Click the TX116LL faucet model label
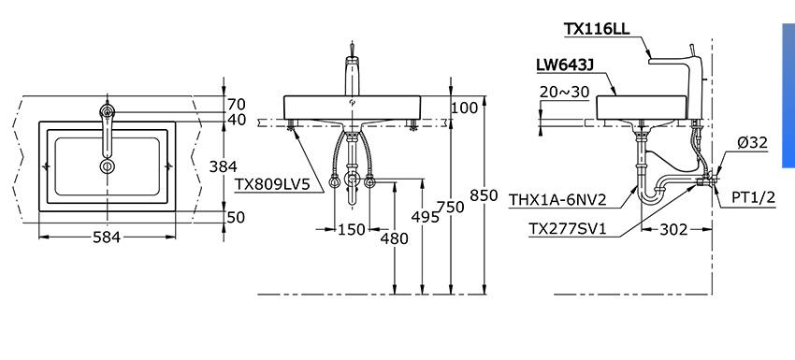pos(597,28)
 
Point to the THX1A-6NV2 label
pos(557,199)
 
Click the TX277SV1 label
pos(568,229)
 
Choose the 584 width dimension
pos(107,237)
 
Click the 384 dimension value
pos(224,166)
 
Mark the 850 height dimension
pos(484,195)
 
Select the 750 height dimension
pos(450,207)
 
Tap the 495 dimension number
pos(425,217)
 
